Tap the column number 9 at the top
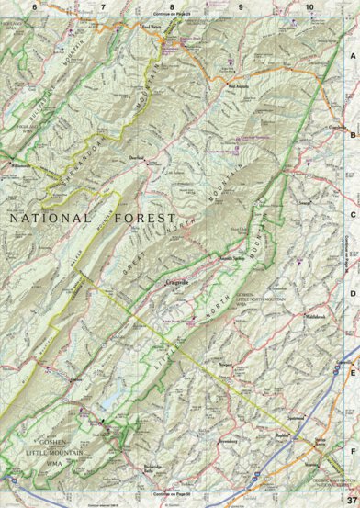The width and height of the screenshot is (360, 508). coord(241,7)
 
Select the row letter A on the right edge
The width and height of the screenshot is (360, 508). coord(352,56)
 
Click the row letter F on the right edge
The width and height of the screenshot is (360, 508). coord(352,451)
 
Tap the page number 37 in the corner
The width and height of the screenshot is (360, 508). coord(350,500)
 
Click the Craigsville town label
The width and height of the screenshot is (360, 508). coord(178,258)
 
